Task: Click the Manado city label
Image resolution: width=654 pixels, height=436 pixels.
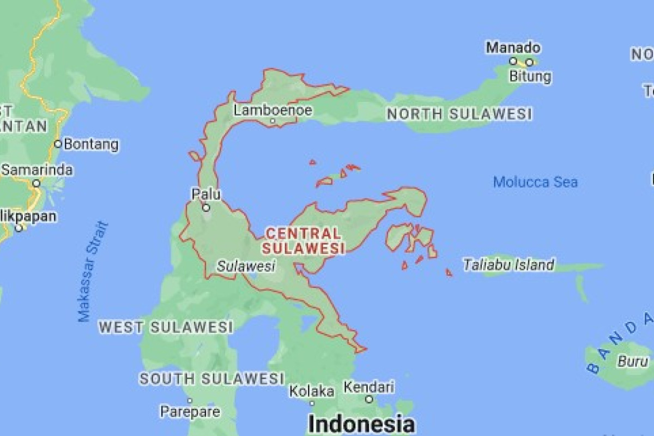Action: [x=513, y=48]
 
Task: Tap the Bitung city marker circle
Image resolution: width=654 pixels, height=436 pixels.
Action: [x=529, y=62]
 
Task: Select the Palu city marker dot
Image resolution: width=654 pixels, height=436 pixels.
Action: [x=206, y=207]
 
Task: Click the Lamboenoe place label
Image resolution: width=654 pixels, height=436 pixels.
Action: [x=273, y=111]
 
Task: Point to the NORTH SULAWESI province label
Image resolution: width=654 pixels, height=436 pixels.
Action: [x=459, y=114]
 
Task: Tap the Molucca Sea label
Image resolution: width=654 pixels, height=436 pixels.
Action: [x=535, y=182]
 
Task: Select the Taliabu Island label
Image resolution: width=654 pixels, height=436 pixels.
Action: [x=508, y=265]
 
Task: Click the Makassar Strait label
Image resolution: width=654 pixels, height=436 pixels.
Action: [x=93, y=271]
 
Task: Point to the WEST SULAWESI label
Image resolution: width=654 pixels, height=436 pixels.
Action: [x=166, y=328]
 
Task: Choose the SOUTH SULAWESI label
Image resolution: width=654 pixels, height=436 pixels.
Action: [x=212, y=378]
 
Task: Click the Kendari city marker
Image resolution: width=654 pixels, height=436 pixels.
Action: [x=369, y=399]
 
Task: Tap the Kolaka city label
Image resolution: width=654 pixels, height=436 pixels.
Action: [x=312, y=391]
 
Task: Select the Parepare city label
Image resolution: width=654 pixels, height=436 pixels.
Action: [x=190, y=411]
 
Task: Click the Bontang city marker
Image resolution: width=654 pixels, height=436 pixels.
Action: [x=58, y=144]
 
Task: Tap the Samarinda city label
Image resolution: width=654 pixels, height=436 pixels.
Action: [x=37, y=170]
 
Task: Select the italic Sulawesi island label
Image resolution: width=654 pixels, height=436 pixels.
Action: [x=246, y=267]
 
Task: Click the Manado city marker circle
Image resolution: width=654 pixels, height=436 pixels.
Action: [x=513, y=61]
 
